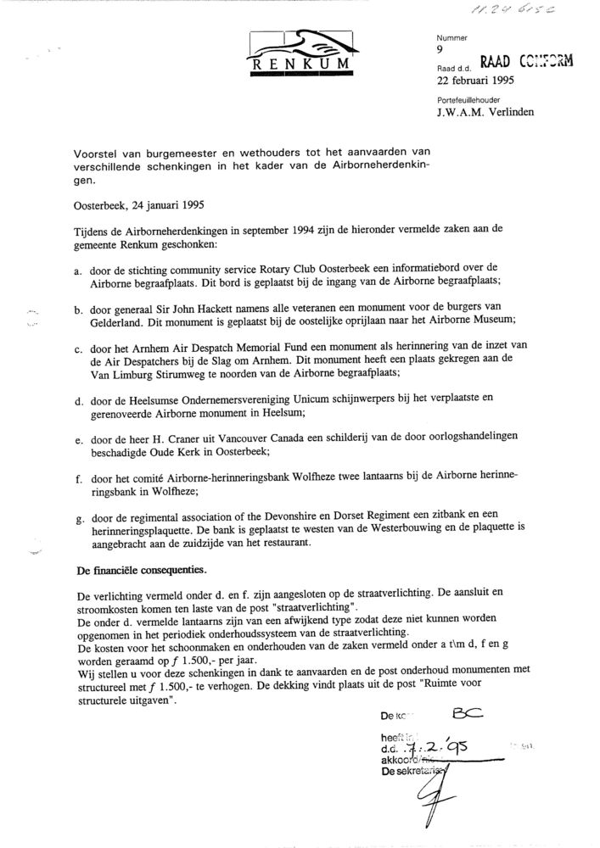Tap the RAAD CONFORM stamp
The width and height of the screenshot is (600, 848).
tap(526, 60)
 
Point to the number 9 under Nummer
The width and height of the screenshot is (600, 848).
tap(439, 49)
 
